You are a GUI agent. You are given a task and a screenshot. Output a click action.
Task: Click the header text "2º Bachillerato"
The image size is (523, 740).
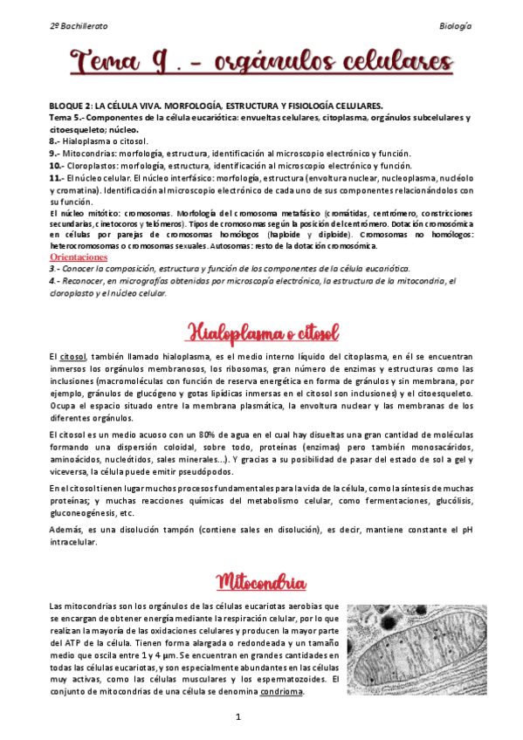coord(80,26)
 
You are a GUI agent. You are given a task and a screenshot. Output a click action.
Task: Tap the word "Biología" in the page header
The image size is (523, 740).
coord(455,26)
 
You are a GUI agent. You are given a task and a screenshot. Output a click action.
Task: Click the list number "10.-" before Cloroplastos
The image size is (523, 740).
coord(57,165)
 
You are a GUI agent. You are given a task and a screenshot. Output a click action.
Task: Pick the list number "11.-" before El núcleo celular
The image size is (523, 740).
coord(57,177)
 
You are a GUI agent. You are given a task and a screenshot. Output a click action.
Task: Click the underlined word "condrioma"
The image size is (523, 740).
coord(282,692)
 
